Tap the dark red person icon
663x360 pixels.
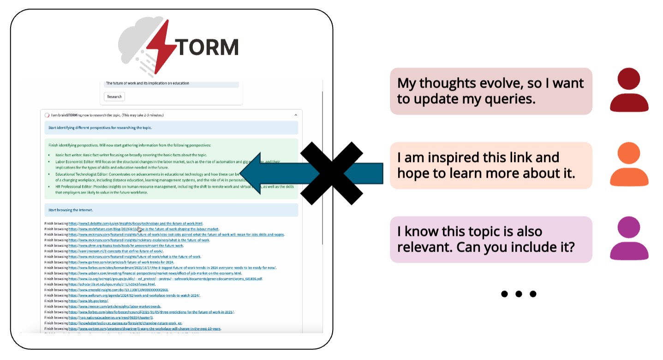pyautogui.click(x=629, y=90)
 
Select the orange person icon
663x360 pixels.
pyautogui.click(x=629, y=165)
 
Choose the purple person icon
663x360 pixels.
pyautogui.click(x=629, y=239)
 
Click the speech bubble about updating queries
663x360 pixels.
pyautogui.click(x=490, y=91)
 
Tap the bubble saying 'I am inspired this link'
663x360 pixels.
pyautogui.click(x=490, y=165)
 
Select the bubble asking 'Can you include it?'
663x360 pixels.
pyautogui.click(x=490, y=239)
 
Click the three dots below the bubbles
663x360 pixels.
pyautogui.click(x=519, y=294)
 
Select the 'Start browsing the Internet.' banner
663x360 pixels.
pyautogui.click(x=171, y=210)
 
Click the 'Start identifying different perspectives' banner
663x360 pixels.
pyautogui.click(x=171, y=127)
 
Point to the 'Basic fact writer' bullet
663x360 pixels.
pyautogui.click(x=131, y=155)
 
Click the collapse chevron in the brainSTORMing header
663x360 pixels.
pyautogui.click(x=296, y=115)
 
